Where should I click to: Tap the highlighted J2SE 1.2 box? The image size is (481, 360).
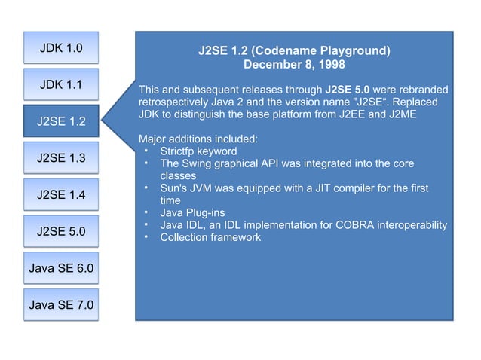61,121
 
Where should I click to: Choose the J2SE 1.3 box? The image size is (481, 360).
61,158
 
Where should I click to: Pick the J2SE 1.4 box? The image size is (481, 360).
61,195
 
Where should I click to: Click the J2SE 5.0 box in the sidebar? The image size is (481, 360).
61,231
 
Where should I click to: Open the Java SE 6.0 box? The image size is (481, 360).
61,268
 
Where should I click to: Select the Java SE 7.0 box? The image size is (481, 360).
61,305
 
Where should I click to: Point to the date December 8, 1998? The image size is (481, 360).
294,66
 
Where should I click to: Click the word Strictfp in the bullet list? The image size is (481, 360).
181,151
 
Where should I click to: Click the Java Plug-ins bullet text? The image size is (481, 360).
192,213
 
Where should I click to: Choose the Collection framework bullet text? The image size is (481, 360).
210,238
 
